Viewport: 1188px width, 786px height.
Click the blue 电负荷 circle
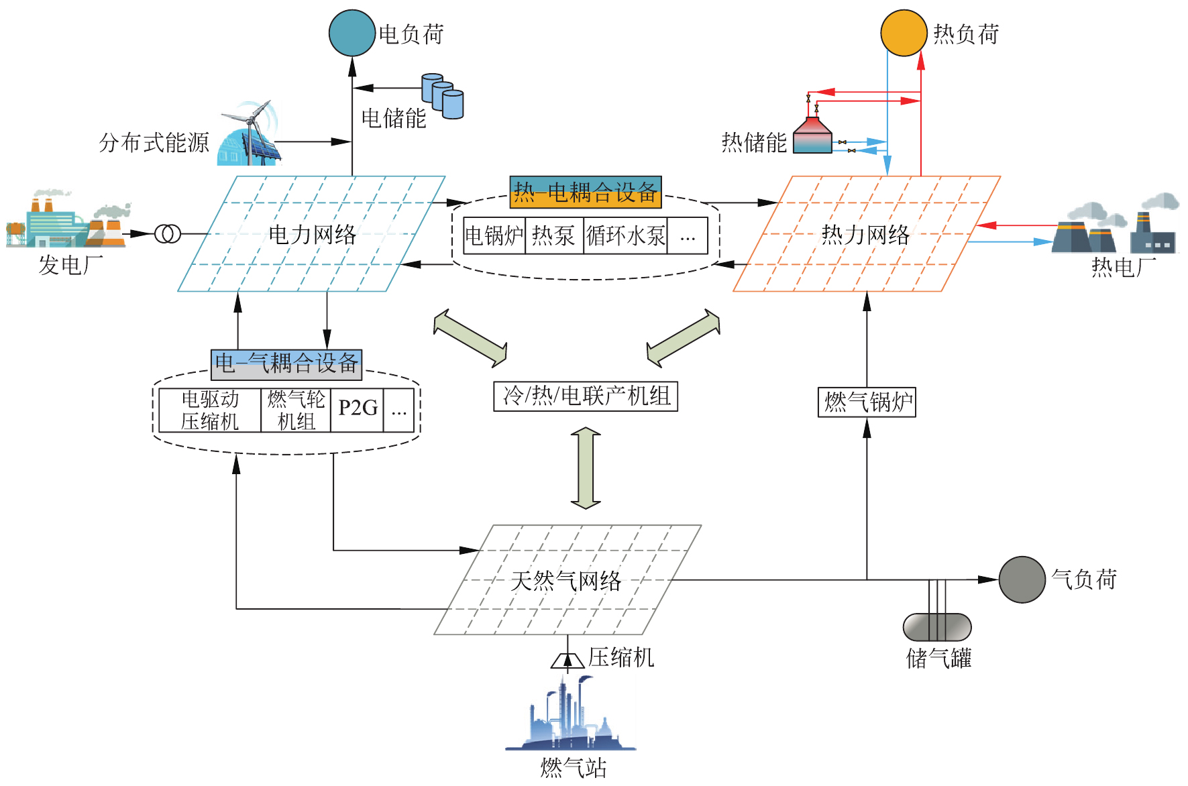tap(352, 33)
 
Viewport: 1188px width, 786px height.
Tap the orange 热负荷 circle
tap(903, 33)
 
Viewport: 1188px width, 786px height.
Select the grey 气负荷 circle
tap(1022, 579)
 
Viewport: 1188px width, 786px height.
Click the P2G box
tap(358, 409)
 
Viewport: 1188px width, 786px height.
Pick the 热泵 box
tap(553, 235)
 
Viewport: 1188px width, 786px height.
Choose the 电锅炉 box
tap(494, 235)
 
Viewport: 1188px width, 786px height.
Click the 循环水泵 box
tap(625, 235)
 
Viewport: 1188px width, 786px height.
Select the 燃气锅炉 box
tap(867, 402)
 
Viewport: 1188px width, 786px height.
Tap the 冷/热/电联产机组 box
tap(586, 396)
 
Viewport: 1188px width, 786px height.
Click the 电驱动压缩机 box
tap(210, 410)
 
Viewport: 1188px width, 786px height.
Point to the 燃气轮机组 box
tap(296, 410)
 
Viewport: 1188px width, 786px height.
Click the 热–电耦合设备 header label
tap(586, 192)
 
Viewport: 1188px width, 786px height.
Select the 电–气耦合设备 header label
tap(286, 364)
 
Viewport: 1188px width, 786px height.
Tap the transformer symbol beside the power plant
tap(168, 234)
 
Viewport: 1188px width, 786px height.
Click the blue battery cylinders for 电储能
tap(443, 96)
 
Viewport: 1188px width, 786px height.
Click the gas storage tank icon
tap(937, 627)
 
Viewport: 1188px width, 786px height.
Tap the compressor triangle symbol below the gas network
tap(568, 661)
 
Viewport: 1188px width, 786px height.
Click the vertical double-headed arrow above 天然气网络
tap(586, 467)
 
